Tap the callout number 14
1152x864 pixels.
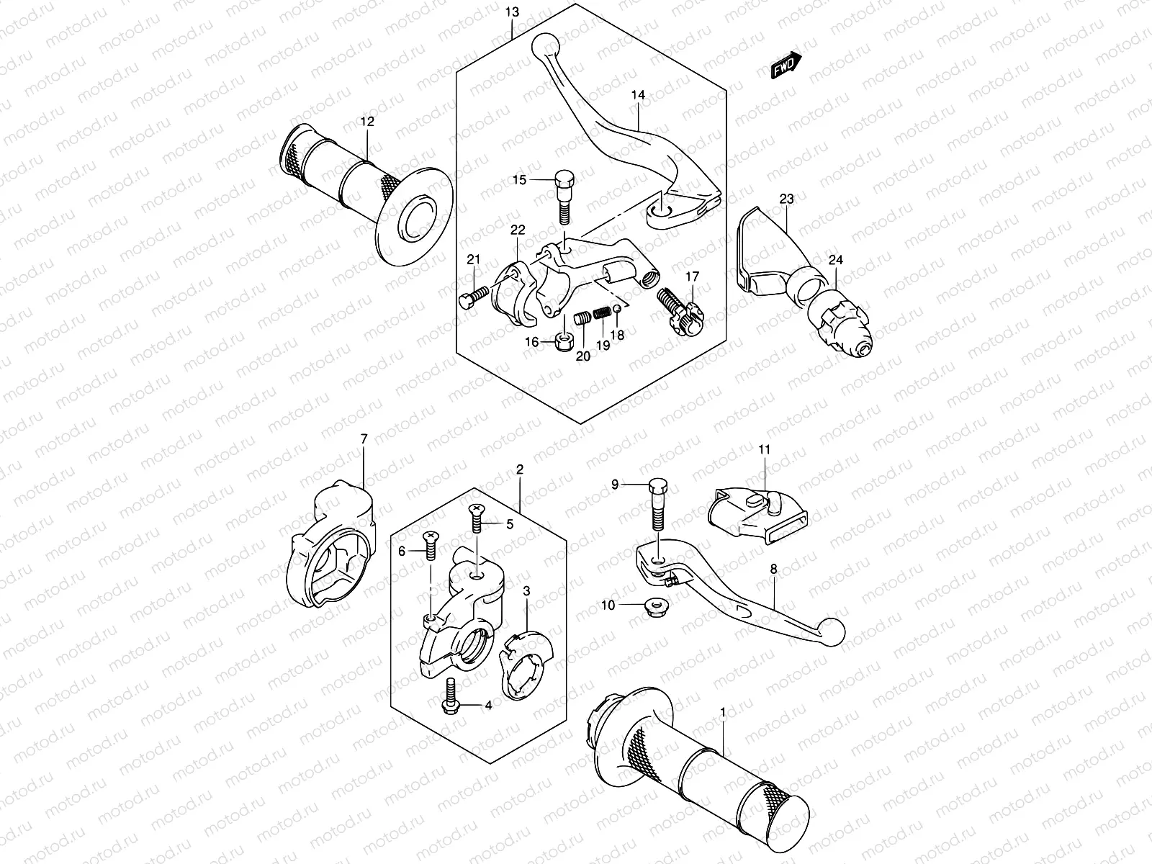[638, 94]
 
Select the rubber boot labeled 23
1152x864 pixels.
[765, 248]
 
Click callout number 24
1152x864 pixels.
[834, 260]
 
